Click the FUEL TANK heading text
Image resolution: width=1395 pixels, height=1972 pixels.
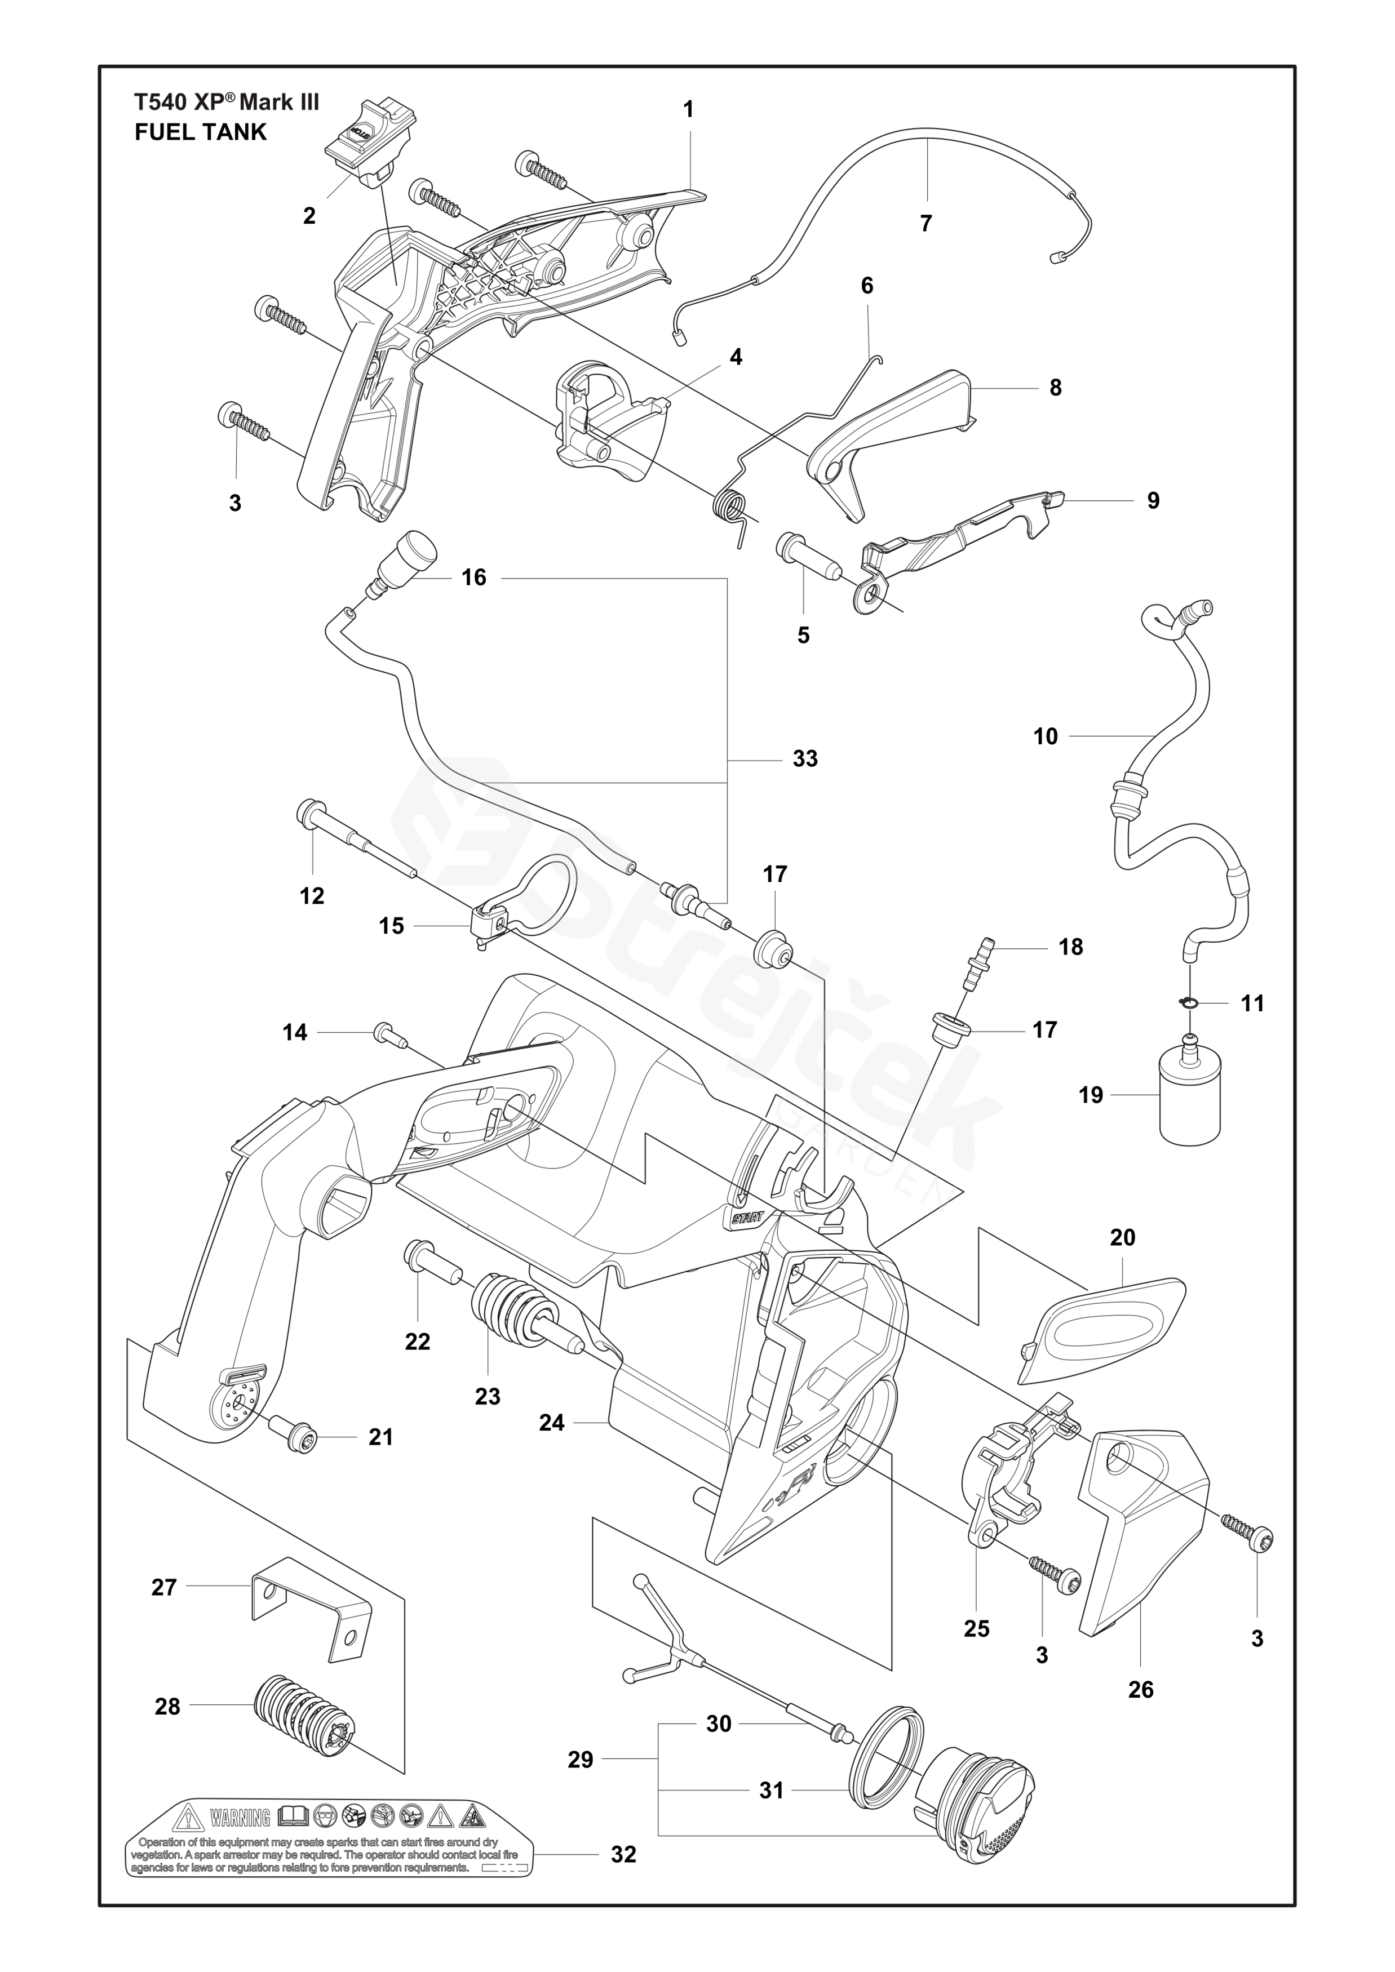tap(201, 132)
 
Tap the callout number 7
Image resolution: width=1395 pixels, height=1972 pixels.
tap(925, 223)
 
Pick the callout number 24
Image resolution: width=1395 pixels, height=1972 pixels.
tap(551, 1423)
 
